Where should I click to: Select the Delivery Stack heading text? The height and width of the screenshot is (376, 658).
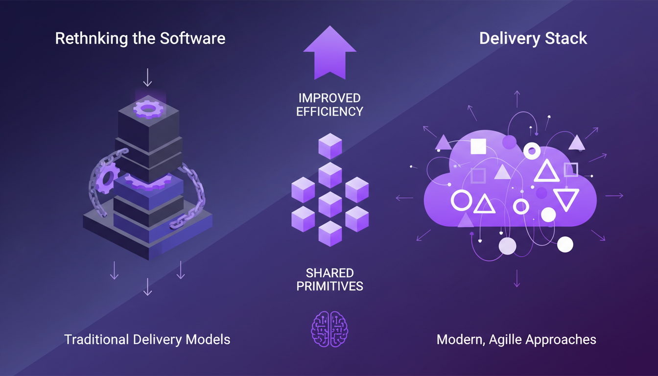[533, 39]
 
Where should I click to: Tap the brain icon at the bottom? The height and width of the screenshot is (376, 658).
[329, 327]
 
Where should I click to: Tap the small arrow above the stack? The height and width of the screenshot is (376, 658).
[147, 78]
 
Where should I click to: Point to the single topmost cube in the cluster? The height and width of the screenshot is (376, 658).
[330, 146]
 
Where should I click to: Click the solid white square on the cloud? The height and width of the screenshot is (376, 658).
[478, 146]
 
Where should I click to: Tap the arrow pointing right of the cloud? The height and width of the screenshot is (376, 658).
[614, 196]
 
